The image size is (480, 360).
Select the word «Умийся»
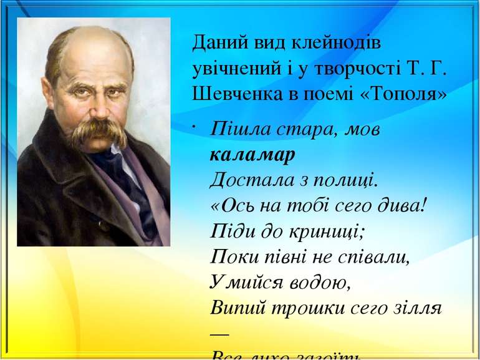(x=240, y=283)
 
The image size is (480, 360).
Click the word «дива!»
(x=403, y=206)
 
